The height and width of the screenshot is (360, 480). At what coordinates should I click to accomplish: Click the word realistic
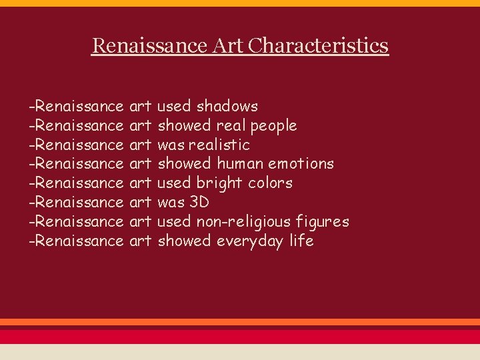click(219, 145)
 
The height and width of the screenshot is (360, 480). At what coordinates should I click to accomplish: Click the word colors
click(272, 183)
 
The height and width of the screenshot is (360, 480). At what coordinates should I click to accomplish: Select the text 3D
click(199, 202)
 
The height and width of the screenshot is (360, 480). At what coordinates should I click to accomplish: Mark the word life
click(301, 241)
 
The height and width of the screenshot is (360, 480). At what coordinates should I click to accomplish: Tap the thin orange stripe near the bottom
click(240, 322)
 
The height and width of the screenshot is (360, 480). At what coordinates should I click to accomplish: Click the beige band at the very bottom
click(240, 352)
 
